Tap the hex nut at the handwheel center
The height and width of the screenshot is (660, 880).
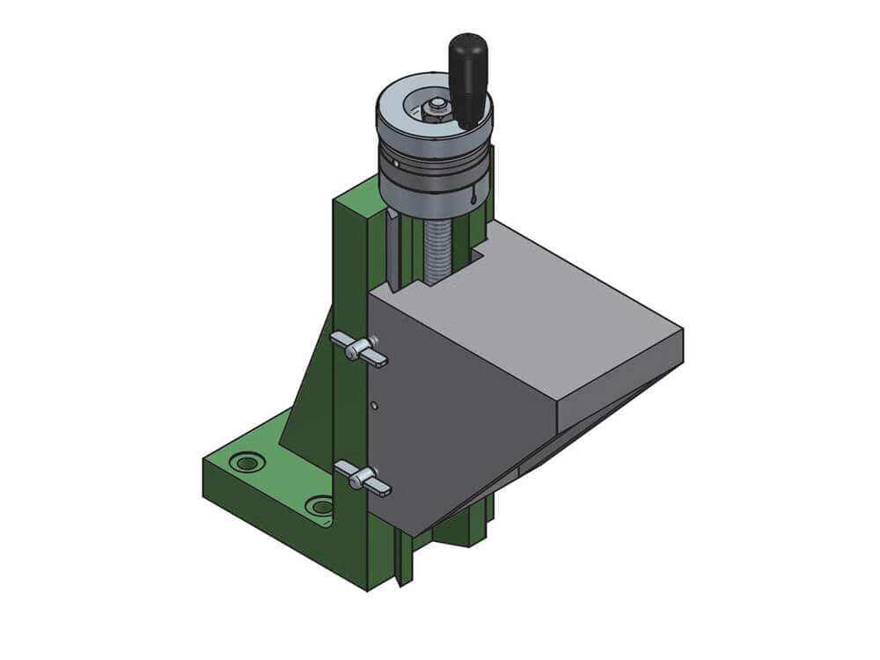point(434,109)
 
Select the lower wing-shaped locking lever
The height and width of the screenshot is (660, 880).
point(363,478)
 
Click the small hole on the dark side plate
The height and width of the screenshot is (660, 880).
point(374,406)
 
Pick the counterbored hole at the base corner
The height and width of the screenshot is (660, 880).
point(246,462)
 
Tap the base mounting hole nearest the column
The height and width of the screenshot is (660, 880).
point(320,506)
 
